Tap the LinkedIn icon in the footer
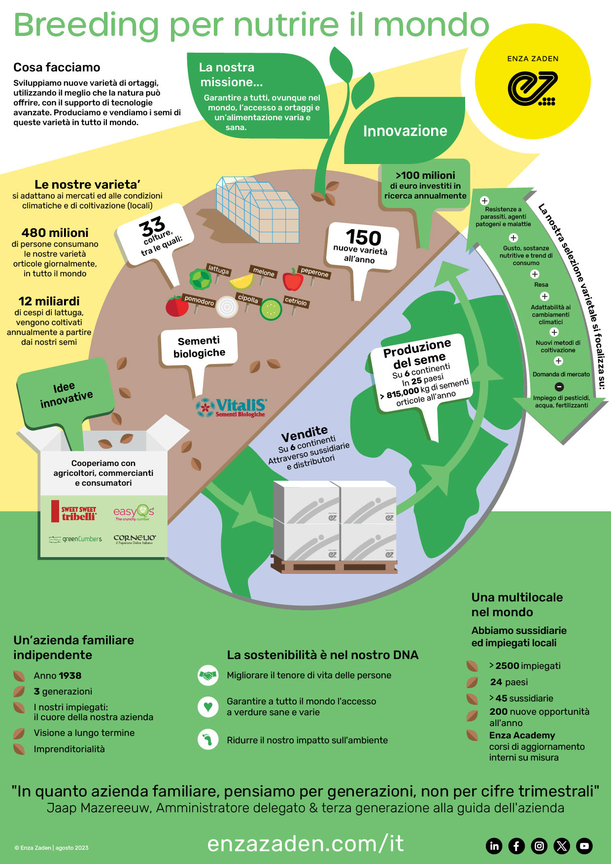coord(494,846)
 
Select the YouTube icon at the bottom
coord(584,846)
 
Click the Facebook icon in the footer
coord(516,846)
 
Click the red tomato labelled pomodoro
coord(176,306)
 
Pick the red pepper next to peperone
coord(293,279)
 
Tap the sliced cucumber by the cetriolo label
coord(271,309)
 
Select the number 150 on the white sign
coord(364,237)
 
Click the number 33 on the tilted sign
coord(152,227)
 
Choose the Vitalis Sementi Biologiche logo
coord(231,407)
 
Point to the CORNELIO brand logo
coord(135,539)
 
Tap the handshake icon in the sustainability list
coord(208,675)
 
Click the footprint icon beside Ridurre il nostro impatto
coord(208,740)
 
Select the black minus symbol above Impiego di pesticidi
coord(559,387)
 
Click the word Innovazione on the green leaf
coord(405,131)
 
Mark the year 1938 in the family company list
coord(69,676)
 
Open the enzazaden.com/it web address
coord(305,843)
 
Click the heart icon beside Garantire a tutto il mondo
coord(208,707)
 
